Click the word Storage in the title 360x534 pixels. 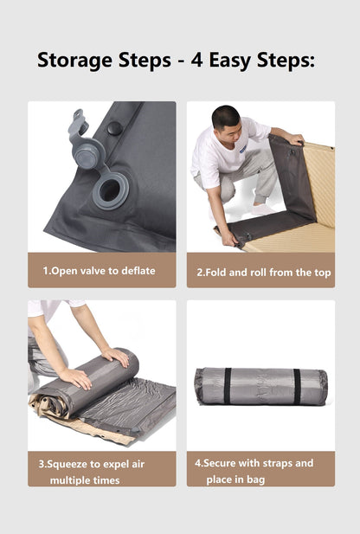[x=75, y=61]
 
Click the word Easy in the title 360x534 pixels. [x=235, y=61]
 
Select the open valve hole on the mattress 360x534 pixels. [x=111, y=190]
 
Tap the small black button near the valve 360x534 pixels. [x=114, y=128]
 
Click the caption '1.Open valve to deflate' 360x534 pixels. [x=100, y=271]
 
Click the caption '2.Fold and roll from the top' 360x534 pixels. [x=263, y=272]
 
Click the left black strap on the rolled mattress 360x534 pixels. [x=228, y=386]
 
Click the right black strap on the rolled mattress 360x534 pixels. [x=295, y=386]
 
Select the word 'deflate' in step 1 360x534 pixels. [x=138, y=271]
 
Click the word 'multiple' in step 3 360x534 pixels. [x=70, y=479]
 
